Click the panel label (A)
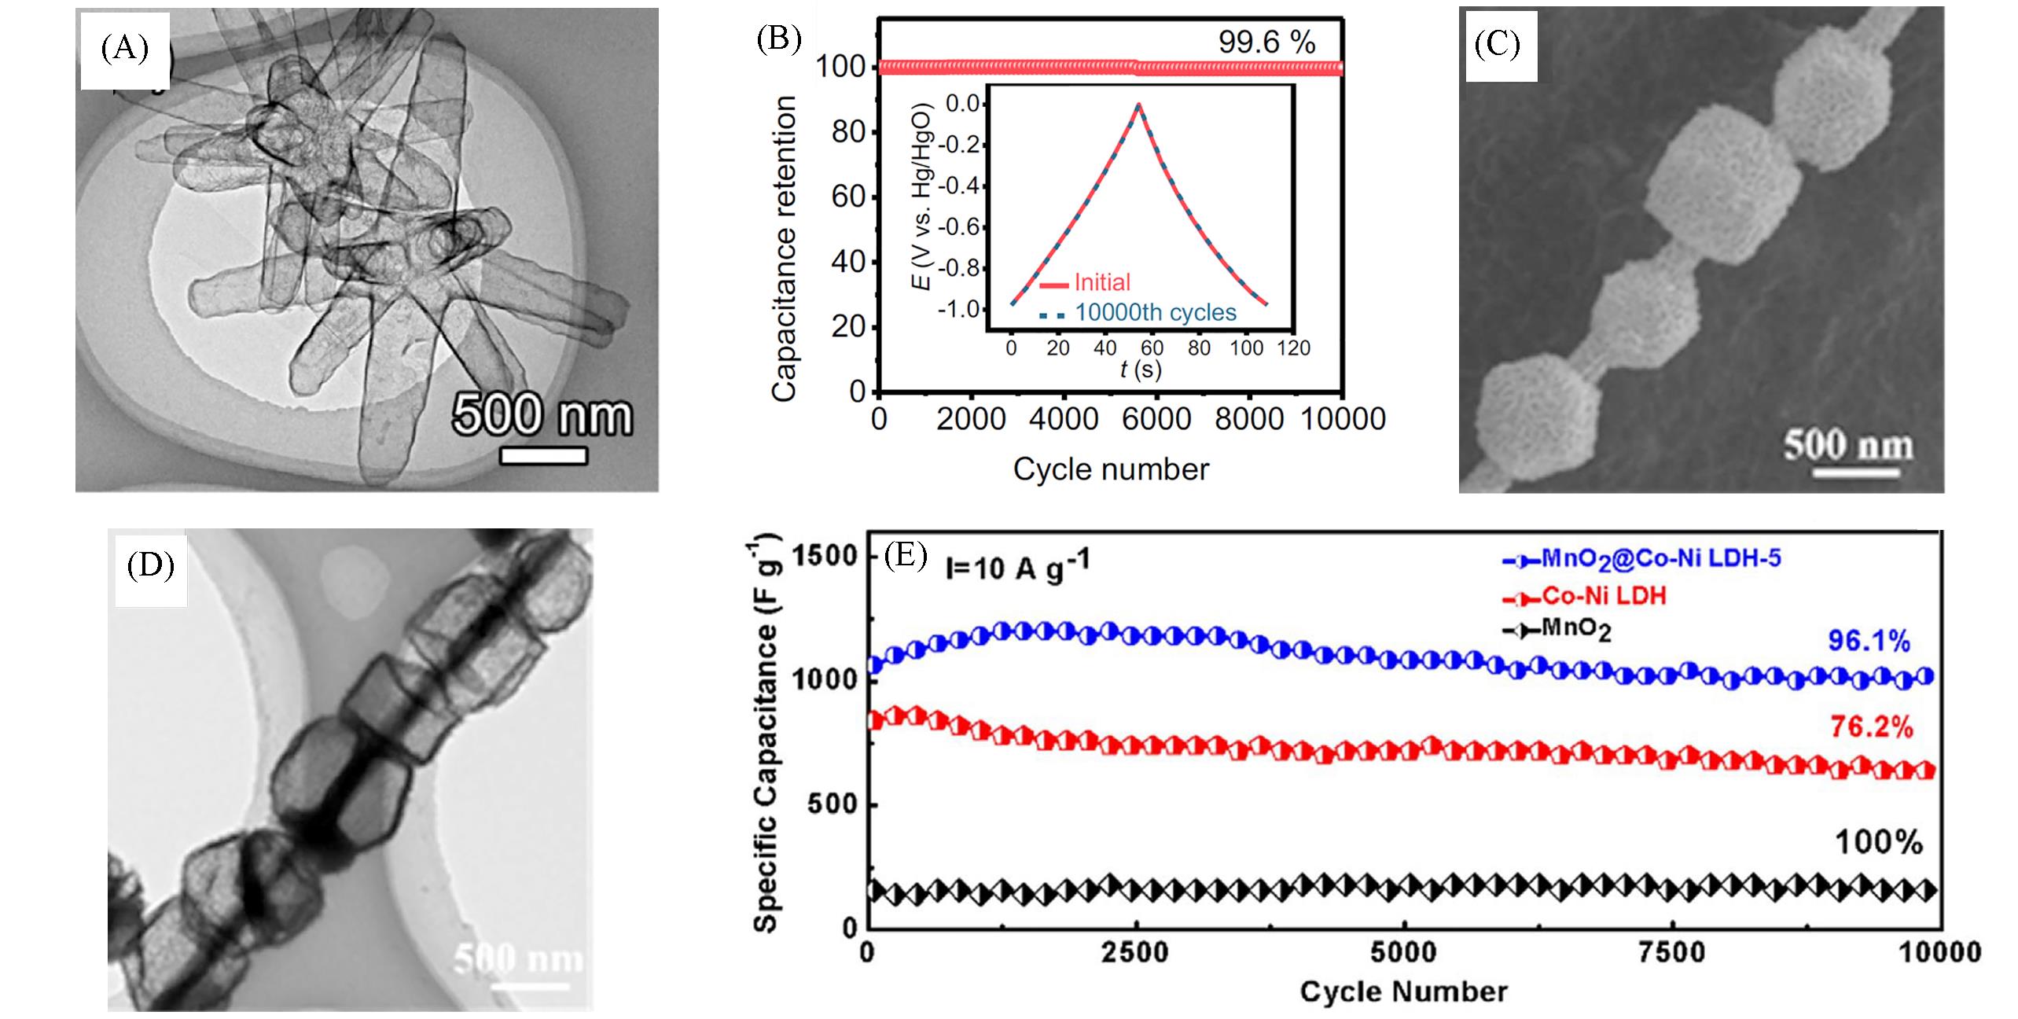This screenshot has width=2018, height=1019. point(124,50)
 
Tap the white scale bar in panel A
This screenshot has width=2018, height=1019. point(543,456)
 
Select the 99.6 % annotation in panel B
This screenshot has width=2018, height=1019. point(1266,43)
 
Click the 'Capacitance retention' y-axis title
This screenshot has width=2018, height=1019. point(785,248)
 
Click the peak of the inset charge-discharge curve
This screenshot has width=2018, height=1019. point(1138,104)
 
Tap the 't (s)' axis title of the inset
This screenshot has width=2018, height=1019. point(1140,369)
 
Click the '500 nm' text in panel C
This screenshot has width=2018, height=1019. point(1847,446)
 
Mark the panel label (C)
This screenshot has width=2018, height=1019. point(1497,46)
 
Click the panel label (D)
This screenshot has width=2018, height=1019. point(150,566)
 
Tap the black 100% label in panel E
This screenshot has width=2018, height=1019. point(1878,844)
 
